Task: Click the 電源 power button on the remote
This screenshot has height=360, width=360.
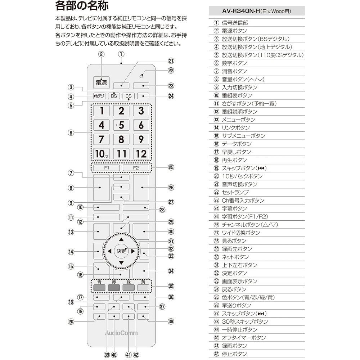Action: tap(101, 83)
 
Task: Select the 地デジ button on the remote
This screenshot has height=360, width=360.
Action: tap(99, 96)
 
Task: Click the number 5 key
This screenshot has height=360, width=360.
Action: tap(121, 125)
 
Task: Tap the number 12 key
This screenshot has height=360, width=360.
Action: tap(141, 154)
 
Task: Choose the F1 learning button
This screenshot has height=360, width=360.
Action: tap(107, 168)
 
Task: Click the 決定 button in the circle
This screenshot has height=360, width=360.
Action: tap(121, 251)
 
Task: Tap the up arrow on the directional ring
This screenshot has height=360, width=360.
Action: tap(121, 239)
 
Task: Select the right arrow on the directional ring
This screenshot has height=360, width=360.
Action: tap(133, 251)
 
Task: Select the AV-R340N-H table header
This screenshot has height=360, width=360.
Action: tap(256, 11)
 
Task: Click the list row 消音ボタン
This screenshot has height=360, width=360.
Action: tap(234, 71)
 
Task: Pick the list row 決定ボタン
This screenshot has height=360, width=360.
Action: tap(234, 273)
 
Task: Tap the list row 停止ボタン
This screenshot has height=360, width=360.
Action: tap(234, 354)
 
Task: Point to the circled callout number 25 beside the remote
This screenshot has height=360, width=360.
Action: tap(171, 167)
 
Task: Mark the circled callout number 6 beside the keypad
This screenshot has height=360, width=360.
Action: tap(71, 132)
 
